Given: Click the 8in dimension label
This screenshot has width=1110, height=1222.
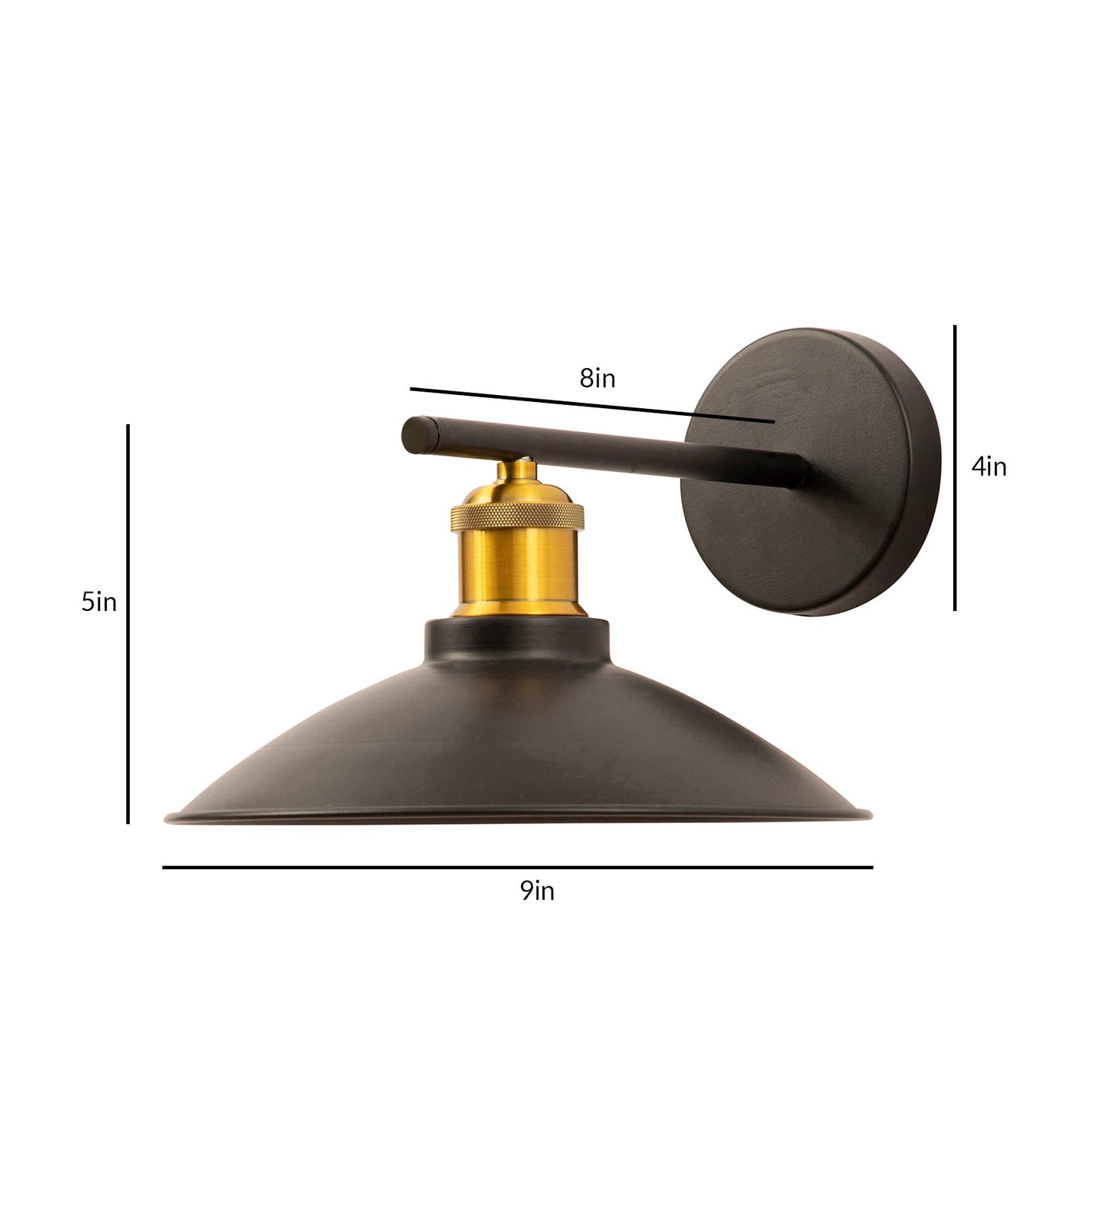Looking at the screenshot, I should coord(597,379).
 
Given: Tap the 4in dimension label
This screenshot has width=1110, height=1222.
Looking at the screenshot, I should coord(989,467).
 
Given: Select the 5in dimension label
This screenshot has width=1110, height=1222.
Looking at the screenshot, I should coord(99,602).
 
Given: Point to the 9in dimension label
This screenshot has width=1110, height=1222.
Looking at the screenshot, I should coord(537,891).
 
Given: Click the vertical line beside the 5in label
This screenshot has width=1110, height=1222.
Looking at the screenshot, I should coord(128,623).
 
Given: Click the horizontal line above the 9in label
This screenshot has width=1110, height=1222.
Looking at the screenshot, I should coord(517,867).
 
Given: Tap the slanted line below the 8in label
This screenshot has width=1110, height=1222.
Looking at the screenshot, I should coord(591,405).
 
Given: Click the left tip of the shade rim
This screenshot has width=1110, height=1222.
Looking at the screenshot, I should coord(169,819).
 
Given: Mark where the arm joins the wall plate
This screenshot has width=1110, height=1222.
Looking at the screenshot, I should coord(799,471).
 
